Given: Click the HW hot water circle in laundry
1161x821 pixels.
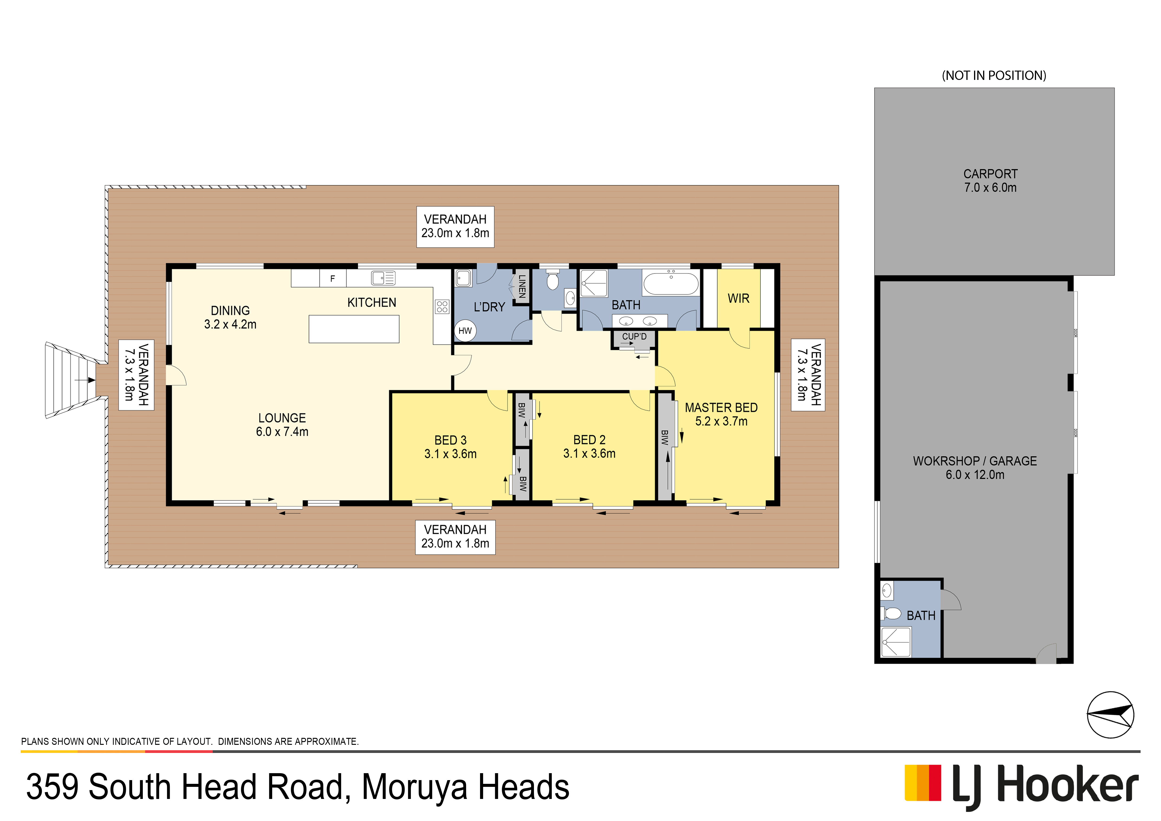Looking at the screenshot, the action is pos(465,331).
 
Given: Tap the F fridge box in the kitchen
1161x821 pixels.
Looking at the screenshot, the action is pos(333,278).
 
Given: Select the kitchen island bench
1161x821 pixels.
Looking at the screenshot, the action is pos(354,329).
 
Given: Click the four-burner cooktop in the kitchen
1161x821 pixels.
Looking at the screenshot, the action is pos(442,306).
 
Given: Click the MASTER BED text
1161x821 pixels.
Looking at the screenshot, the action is pos(721,407).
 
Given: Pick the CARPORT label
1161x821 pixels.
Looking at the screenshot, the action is pos(990,174).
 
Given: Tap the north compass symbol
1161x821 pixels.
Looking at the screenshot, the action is pos(1110,715).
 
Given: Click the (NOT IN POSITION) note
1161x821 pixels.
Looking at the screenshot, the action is pos(994,75).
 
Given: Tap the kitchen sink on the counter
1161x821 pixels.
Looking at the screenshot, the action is pos(383,278).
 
